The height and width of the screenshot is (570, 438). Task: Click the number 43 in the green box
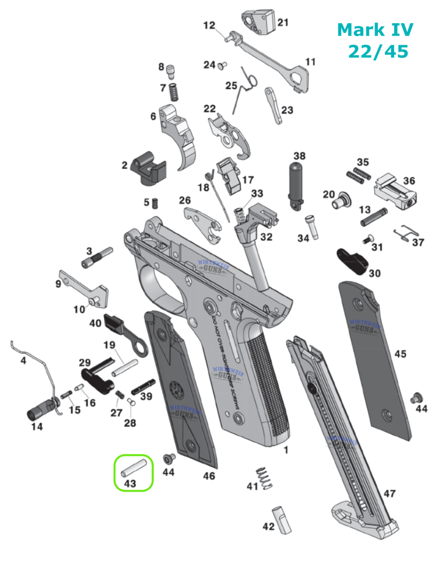click(x=130, y=484)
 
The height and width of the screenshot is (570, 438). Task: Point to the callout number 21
click(x=283, y=22)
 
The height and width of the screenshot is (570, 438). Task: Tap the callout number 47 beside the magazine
click(x=390, y=494)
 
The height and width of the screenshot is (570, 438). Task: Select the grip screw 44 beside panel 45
click(x=418, y=397)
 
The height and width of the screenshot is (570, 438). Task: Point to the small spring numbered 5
click(x=154, y=203)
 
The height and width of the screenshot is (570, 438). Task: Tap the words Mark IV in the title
click(x=375, y=30)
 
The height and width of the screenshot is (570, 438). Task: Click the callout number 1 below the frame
click(x=286, y=449)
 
